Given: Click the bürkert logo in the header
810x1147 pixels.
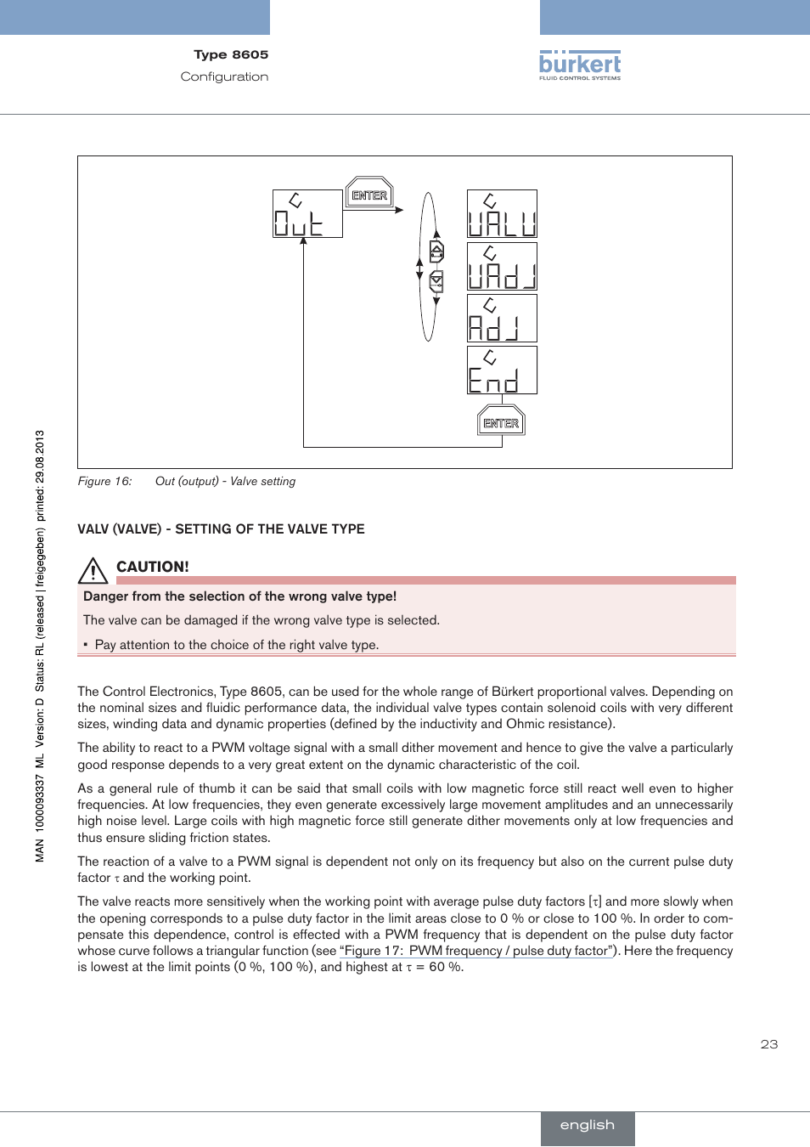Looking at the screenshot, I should tap(580, 65).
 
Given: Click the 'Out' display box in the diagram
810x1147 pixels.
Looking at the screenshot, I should tap(307, 213).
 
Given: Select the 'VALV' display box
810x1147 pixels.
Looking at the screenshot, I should tap(502, 213).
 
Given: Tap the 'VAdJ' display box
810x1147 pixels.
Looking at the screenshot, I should tap(502, 266).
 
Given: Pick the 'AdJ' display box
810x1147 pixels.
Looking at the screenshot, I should tap(502, 318).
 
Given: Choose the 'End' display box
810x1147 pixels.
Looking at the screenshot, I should tap(502, 370).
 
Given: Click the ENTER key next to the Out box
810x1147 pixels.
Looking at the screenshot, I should tap(369, 195).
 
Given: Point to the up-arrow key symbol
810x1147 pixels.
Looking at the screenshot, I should tap(436, 251).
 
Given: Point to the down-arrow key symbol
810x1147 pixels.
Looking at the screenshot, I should tap(436, 280).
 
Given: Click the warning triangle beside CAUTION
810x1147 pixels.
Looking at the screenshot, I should tap(93, 569).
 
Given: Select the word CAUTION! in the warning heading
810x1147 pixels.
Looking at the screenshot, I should tap(153, 567).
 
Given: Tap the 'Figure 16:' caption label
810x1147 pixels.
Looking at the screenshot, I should tap(104, 481).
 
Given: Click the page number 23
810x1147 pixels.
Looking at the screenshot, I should tap(769, 1044).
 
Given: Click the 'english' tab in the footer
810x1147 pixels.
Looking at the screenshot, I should tap(587, 1125).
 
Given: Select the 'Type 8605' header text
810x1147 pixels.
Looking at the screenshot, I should tap(231, 54).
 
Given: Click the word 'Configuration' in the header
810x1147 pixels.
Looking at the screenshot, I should tap(224, 76).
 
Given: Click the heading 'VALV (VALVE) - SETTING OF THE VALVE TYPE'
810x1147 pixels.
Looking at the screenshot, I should tap(221, 528).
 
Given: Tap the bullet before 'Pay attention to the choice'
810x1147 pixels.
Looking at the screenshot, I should tap(86, 645).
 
